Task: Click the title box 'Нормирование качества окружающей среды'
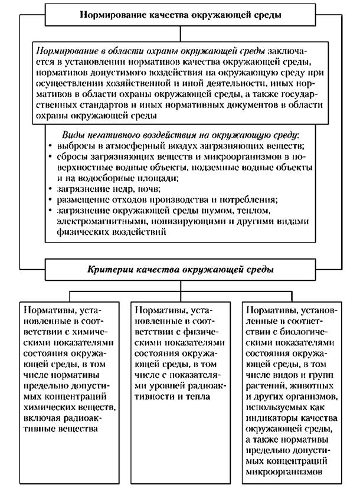click(179, 12)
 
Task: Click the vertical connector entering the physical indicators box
click(179, 296)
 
